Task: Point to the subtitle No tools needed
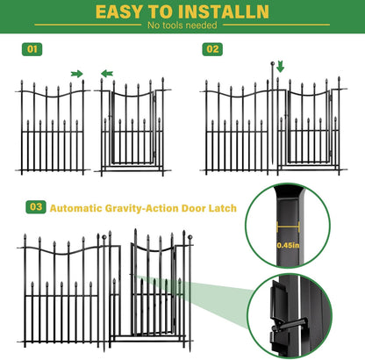(182, 26)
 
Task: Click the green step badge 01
(32, 49)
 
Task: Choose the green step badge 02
(212, 49)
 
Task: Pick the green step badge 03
(36, 208)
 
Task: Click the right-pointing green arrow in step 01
(77, 74)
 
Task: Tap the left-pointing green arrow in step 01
(107, 74)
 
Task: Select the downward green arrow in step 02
(281, 67)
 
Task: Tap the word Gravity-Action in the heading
(140, 208)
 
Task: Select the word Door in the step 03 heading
(192, 208)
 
